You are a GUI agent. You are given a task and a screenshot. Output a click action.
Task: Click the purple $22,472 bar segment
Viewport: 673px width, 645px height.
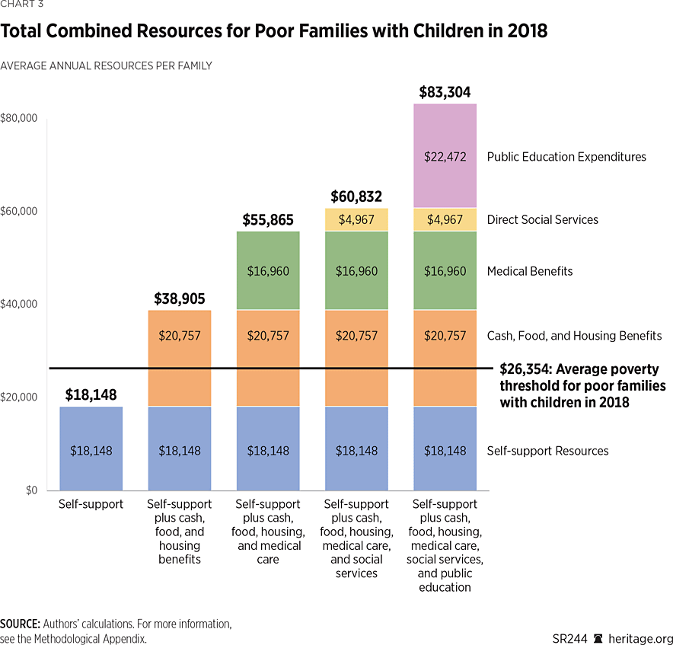point(445,156)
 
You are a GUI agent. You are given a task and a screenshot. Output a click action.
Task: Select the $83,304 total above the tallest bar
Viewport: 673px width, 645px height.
point(445,93)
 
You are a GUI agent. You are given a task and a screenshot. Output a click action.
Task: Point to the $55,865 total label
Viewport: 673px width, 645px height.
point(268,220)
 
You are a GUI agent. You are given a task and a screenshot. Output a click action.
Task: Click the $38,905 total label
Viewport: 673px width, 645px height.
point(180,299)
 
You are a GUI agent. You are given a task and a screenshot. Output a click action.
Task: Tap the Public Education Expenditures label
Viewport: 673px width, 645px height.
point(566,157)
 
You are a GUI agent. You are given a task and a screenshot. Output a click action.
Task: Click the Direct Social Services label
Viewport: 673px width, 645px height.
point(542,219)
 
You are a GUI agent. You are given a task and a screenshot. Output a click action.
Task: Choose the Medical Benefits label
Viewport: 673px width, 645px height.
point(529,271)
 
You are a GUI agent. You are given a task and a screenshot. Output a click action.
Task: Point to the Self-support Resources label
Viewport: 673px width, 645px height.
point(547,451)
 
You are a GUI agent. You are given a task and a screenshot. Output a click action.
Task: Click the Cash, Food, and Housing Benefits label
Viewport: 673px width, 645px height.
point(574,335)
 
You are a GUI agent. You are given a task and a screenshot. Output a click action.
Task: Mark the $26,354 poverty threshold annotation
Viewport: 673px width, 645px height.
point(582,385)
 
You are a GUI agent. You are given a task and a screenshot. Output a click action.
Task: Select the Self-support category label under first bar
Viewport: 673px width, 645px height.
point(91,504)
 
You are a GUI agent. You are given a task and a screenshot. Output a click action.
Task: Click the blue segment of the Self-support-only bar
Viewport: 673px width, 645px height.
point(91,449)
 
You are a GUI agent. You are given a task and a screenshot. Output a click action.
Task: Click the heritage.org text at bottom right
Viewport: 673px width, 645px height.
point(643,638)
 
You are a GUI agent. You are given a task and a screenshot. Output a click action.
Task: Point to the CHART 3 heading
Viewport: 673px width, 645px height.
point(22,5)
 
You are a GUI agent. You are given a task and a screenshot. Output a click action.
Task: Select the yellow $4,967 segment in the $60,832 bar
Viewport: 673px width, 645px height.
point(356,219)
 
